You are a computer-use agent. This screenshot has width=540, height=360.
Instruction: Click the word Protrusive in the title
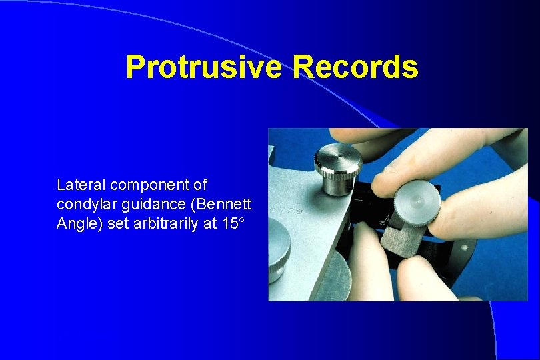[x=205, y=67]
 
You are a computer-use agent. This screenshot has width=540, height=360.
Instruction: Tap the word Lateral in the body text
[x=76, y=184]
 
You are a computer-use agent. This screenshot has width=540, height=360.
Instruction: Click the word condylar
[x=83, y=204]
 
